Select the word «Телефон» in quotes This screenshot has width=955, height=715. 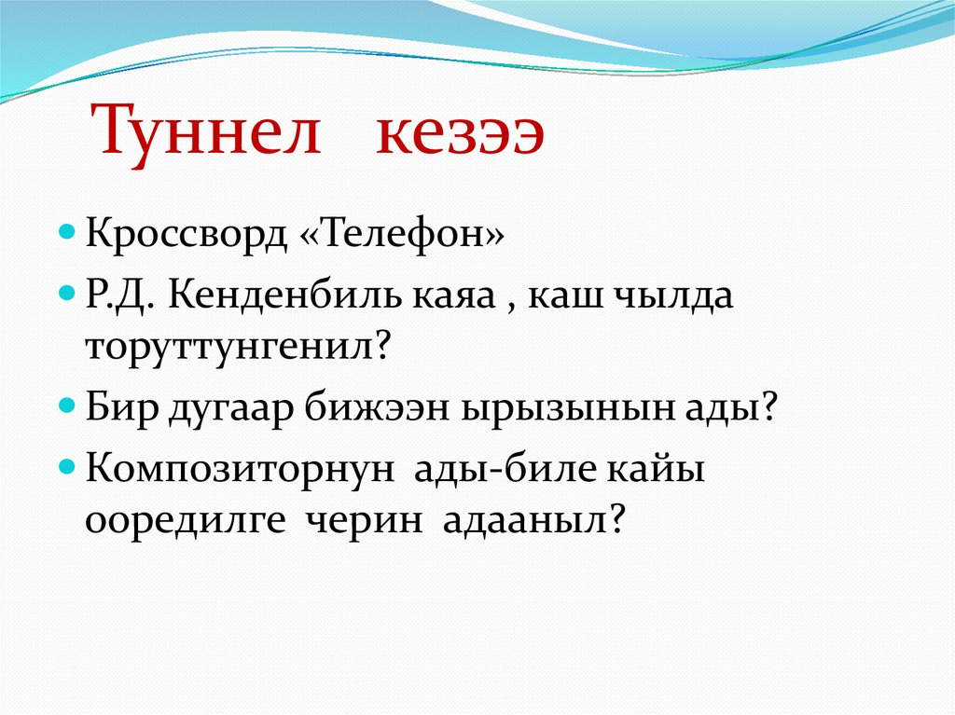pos(403,234)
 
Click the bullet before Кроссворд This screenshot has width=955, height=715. pos(67,233)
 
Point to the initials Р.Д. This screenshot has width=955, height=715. pos(119,296)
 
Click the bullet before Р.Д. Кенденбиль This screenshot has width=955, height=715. pos(67,294)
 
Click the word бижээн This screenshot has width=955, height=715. pos(377,406)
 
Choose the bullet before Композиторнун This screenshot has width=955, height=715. pos(67,467)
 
